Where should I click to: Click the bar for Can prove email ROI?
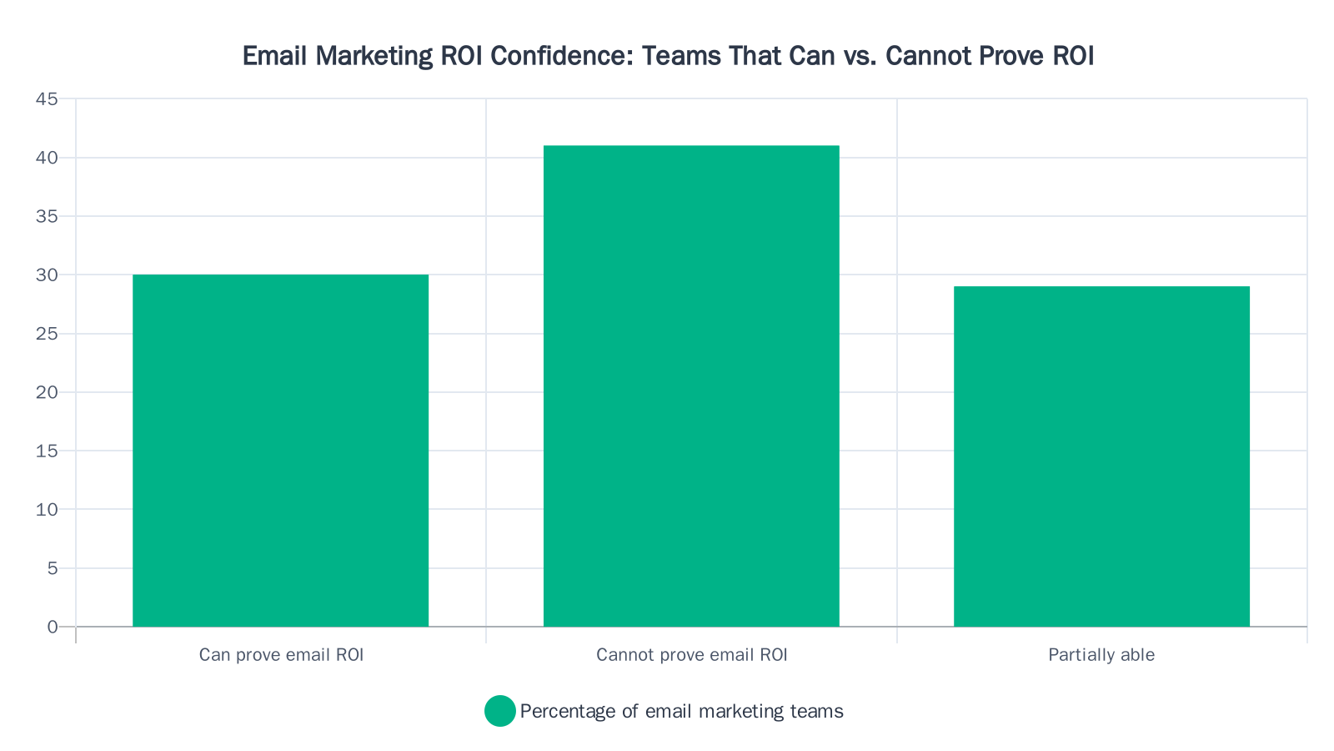(x=280, y=451)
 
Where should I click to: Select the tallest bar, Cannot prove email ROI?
(x=691, y=386)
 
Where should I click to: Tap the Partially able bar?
(x=1101, y=456)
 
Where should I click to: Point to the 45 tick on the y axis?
(x=47, y=99)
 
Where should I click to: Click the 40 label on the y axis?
(x=47, y=158)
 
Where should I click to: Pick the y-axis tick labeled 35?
(x=47, y=216)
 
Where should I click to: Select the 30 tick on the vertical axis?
(x=47, y=275)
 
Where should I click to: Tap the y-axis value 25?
(x=47, y=334)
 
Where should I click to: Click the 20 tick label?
(x=47, y=392)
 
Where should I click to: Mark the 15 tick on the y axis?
(x=47, y=451)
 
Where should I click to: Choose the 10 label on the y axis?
(x=47, y=510)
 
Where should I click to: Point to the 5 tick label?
(x=53, y=568)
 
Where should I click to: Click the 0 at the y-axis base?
(x=53, y=627)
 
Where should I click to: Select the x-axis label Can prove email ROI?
(x=281, y=655)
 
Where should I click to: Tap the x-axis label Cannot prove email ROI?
(x=691, y=655)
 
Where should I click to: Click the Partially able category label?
(x=1101, y=655)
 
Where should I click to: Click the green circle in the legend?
(x=499, y=711)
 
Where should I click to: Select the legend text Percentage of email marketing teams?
(x=681, y=711)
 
